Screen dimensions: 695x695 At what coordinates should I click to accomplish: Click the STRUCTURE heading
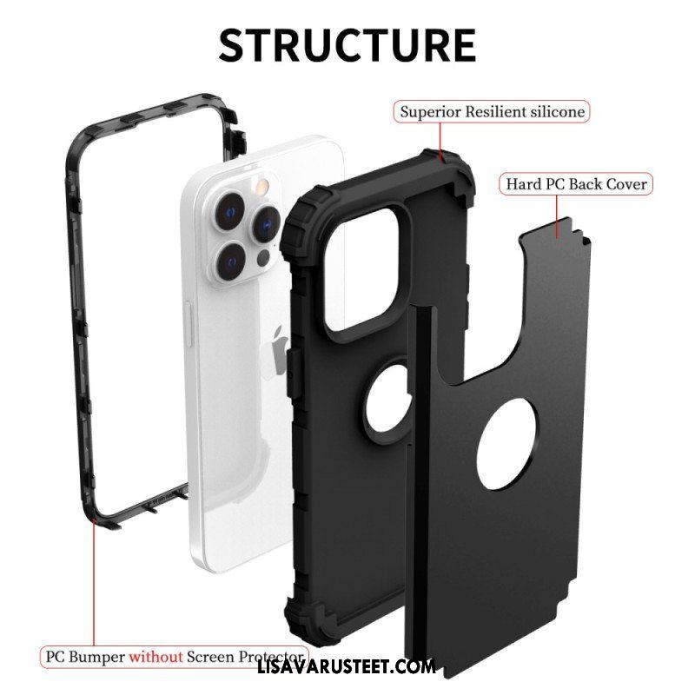(x=347, y=45)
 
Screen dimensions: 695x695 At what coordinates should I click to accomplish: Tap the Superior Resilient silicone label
(x=492, y=112)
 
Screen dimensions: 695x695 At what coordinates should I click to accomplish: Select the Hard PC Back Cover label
(x=576, y=183)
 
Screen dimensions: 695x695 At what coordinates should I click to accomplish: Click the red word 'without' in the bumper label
(x=156, y=657)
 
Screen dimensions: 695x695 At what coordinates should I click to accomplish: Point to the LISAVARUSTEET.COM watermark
(x=346, y=666)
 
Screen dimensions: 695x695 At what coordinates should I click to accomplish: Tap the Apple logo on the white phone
(x=280, y=350)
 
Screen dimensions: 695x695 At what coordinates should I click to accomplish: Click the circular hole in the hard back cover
(x=508, y=444)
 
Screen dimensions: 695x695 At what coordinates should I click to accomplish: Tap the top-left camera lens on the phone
(x=230, y=210)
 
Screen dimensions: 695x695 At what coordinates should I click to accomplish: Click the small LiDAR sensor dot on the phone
(x=264, y=257)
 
